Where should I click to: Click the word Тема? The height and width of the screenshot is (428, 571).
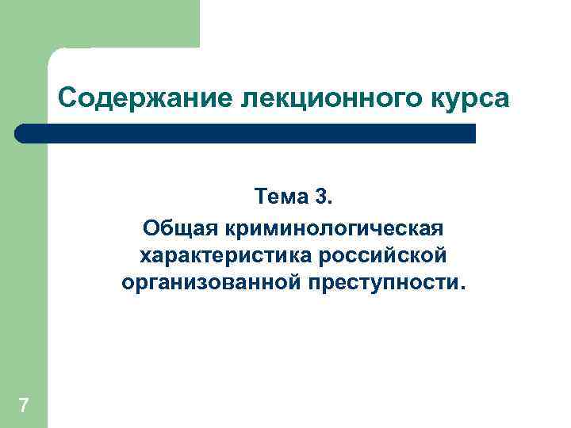(x=277, y=195)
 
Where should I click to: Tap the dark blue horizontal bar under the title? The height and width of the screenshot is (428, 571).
(x=246, y=133)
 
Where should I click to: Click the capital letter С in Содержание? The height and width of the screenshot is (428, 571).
(x=67, y=99)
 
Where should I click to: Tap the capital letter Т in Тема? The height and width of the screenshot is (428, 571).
(x=259, y=195)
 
